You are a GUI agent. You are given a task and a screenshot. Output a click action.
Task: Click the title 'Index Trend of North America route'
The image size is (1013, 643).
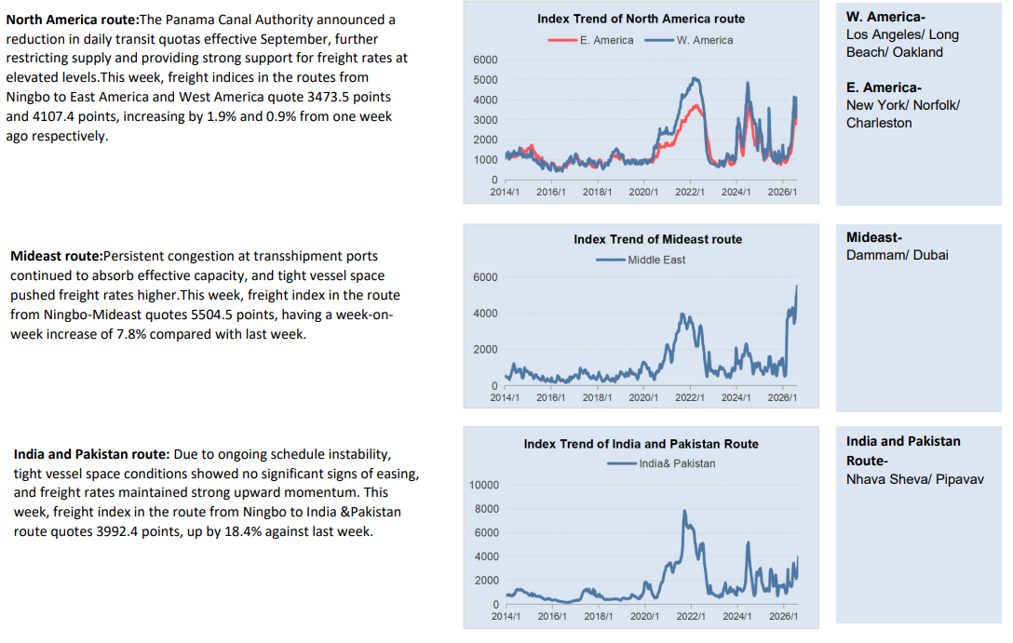coord(641,19)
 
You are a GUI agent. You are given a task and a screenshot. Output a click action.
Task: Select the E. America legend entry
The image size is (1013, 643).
coord(590,40)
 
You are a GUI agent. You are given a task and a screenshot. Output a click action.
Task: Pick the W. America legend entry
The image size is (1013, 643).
coord(689,40)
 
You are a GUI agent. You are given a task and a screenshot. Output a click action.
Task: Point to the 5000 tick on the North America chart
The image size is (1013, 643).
coord(485,80)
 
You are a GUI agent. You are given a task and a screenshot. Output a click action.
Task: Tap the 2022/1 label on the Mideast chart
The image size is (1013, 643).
coord(690,397)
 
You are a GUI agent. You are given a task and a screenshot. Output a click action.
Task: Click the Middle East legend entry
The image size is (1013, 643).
coord(641,260)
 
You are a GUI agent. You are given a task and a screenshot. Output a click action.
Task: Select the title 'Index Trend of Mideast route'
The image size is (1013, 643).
coord(657,239)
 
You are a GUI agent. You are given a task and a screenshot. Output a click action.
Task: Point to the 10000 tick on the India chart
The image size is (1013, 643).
coord(484,485)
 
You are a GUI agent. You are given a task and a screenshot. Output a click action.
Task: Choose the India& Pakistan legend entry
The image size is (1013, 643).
coord(661,463)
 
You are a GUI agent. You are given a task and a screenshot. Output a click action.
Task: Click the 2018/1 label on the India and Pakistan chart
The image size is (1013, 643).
coord(599,617)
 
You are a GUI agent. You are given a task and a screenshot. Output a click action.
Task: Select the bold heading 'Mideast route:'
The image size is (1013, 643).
coord(56,256)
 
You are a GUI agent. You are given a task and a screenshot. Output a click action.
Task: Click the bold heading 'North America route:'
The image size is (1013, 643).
coord(73,20)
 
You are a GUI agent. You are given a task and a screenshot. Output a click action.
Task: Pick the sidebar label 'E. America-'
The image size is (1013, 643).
coord(884,87)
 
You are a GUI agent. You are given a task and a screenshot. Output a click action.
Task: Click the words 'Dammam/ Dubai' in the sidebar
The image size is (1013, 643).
coord(898,255)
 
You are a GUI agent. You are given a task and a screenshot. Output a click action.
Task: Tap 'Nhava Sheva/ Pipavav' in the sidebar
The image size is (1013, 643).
coord(915,479)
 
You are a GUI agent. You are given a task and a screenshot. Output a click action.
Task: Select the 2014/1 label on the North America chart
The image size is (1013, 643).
coord(505,193)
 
